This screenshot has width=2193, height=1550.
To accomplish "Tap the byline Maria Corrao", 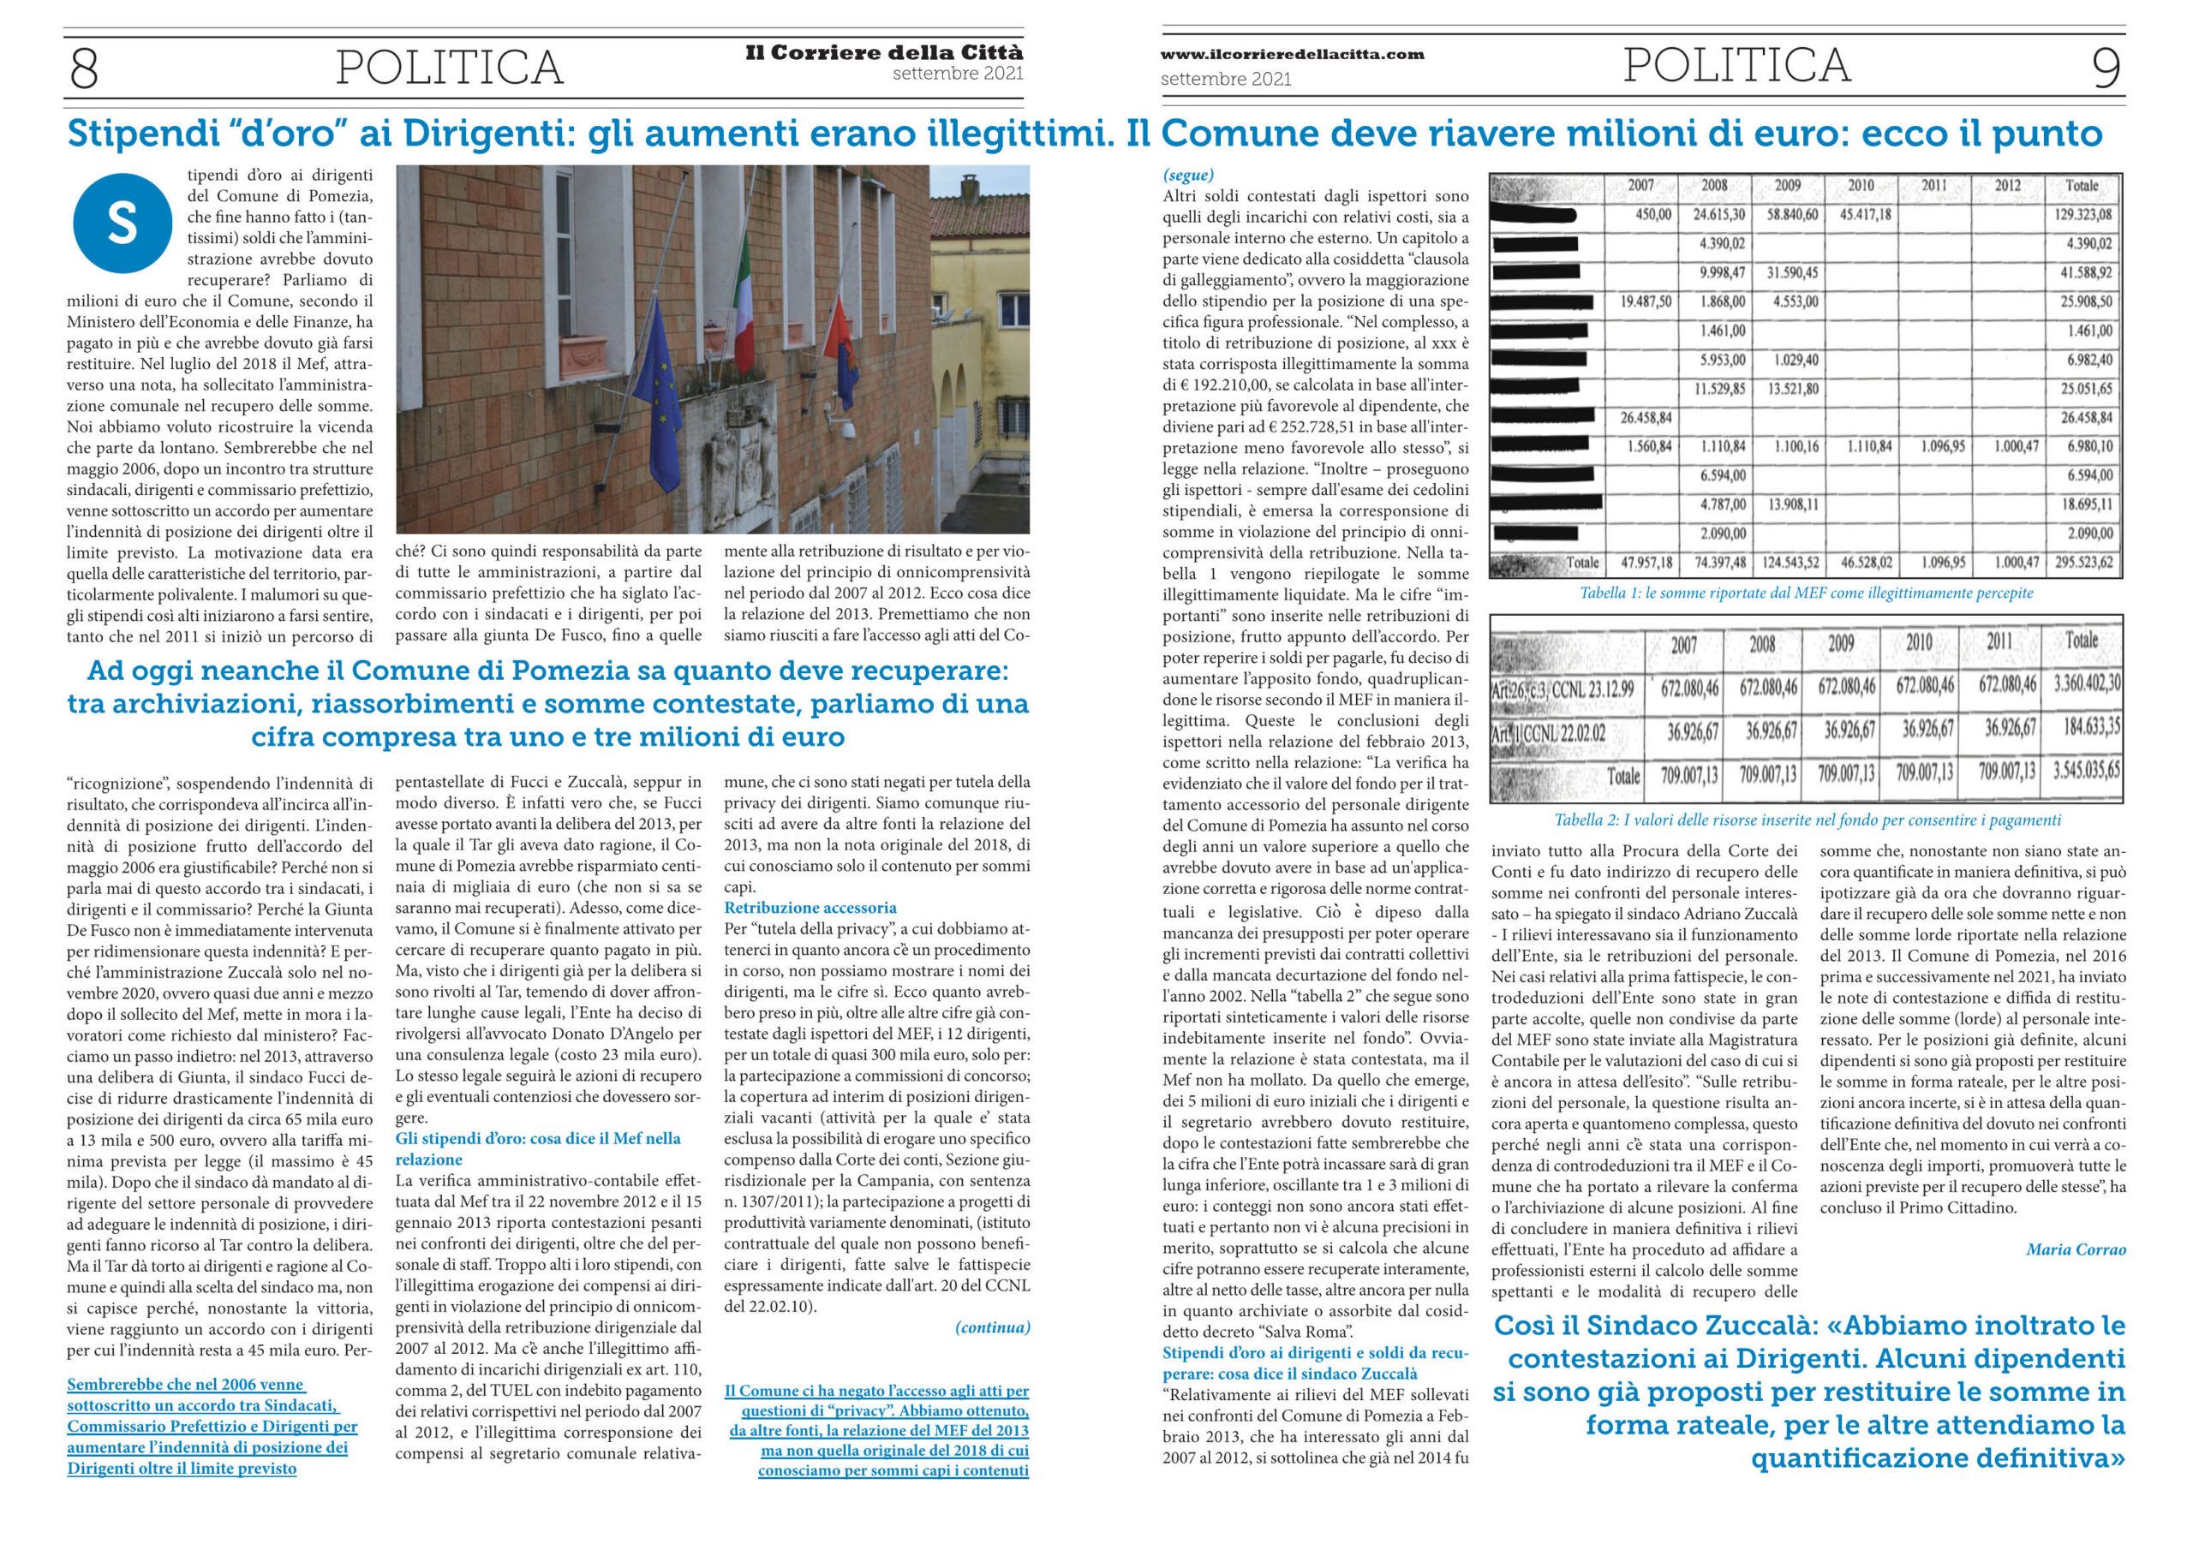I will [x=2076, y=1249].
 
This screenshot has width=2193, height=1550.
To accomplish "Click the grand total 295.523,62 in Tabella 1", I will [x=2088, y=563].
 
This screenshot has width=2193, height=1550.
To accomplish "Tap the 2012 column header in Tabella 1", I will [x=2007, y=185].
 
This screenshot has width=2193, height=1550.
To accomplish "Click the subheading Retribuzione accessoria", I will [x=810, y=907].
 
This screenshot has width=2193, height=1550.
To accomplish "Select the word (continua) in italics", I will [x=992, y=1327].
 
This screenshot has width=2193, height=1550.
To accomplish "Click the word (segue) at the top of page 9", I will [x=1188, y=175].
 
